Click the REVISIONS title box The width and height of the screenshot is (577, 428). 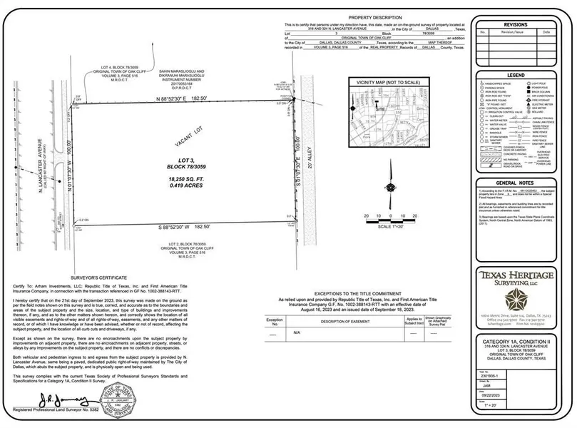coord(516,24)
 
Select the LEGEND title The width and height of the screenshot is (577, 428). coord(516,75)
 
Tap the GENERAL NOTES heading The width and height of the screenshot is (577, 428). coord(516,183)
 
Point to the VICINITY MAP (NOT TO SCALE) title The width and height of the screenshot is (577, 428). coord(385,83)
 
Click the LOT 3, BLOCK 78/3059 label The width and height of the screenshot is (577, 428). coord(186,165)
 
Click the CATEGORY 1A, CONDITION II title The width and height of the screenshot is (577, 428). coord(515,343)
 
